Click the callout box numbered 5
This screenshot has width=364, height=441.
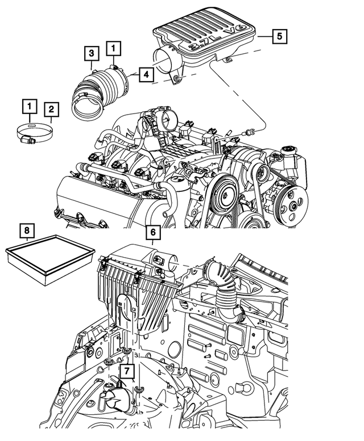[x=278, y=36]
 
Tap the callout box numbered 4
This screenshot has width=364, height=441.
[x=145, y=74]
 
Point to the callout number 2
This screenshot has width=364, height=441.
[x=51, y=108]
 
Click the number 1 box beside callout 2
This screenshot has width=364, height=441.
[x=28, y=106]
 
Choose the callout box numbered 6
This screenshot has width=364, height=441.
[x=152, y=232]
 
